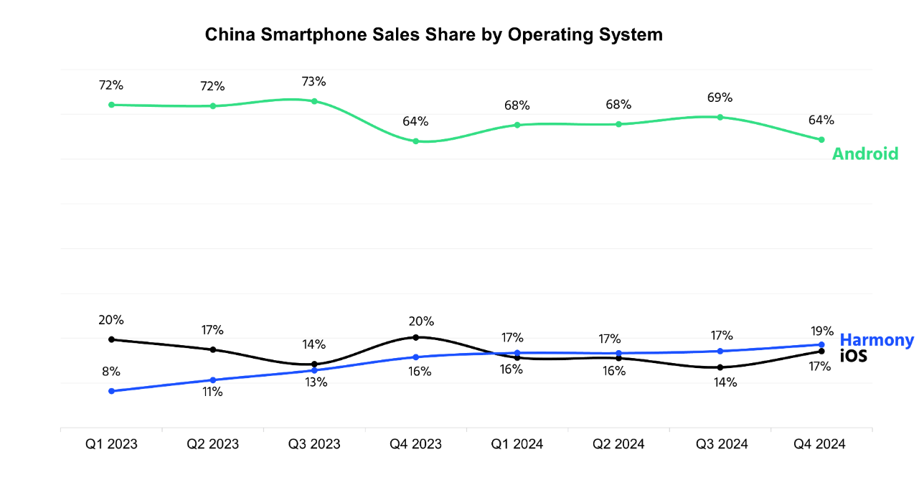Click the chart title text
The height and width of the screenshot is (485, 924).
tap(434, 34)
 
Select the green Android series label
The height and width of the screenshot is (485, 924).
tap(864, 154)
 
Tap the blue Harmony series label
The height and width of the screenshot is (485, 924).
tap(877, 340)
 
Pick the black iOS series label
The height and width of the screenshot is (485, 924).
tap(853, 355)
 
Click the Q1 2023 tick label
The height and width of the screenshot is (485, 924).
tap(111, 444)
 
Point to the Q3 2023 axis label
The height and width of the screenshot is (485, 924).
tap(314, 444)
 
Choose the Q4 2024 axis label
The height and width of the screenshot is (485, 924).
tap(819, 444)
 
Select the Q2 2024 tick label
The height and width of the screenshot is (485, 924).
tap(618, 444)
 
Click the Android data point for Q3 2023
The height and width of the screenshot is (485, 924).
tap(314, 101)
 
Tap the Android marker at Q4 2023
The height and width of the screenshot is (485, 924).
tap(415, 141)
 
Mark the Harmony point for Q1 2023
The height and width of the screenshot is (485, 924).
tap(111, 391)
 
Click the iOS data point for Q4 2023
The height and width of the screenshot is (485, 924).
tap(415, 337)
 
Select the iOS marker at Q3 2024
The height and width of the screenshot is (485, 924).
tap(720, 367)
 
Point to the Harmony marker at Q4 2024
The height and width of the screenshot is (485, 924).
tap(821, 344)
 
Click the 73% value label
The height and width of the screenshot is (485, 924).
tap(313, 81)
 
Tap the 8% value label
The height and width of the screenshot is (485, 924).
tap(111, 372)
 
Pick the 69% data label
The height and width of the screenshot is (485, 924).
tap(720, 98)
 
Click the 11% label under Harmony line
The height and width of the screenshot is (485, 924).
tap(212, 392)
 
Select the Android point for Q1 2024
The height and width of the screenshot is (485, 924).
tap(517, 125)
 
